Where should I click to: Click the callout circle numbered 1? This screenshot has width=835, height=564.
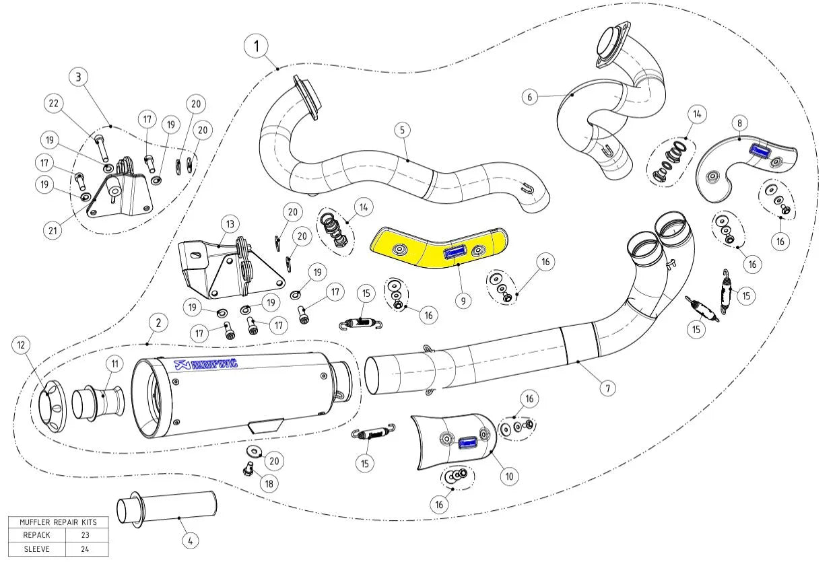click(x=256, y=47)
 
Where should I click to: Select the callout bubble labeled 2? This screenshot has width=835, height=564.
click(x=158, y=323)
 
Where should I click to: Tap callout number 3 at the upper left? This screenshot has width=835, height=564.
click(x=79, y=77)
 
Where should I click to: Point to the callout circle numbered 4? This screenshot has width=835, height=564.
click(x=190, y=539)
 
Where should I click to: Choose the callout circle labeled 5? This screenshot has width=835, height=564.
click(x=402, y=130)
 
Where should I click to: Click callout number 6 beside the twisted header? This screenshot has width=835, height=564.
click(x=530, y=97)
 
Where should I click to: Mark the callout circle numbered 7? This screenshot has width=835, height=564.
click(x=607, y=388)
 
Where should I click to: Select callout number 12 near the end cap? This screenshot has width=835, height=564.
click(x=22, y=345)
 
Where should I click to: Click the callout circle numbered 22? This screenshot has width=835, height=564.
click(x=55, y=104)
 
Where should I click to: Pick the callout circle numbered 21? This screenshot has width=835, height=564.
click(x=55, y=230)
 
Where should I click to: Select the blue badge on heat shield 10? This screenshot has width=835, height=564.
click(x=468, y=442)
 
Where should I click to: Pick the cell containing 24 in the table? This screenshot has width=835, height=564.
click(x=88, y=549)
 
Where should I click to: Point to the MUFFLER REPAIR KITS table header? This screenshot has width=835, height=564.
click(x=58, y=522)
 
